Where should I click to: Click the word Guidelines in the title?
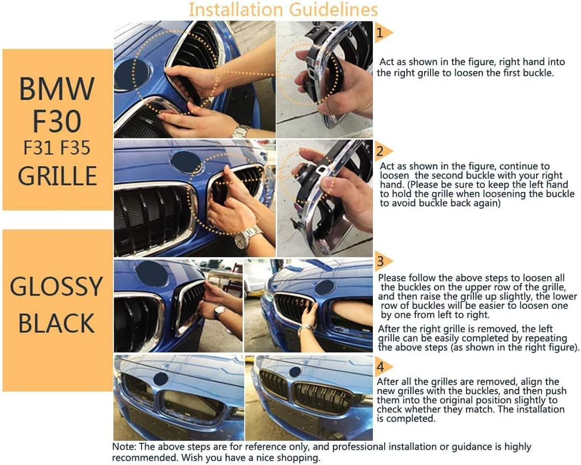[x=334, y=9]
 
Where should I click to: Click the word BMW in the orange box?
[x=56, y=89]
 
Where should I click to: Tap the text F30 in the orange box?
[x=56, y=121]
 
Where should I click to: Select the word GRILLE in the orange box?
[x=58, y=175]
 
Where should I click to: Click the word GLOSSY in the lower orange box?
[x=56, y=286]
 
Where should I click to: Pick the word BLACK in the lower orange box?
[x=56, y=323]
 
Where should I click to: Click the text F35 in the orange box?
[x=75, y=147]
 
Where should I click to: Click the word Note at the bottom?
[x=124, y=447]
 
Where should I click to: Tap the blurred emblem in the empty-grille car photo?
[x=160, y=379]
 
